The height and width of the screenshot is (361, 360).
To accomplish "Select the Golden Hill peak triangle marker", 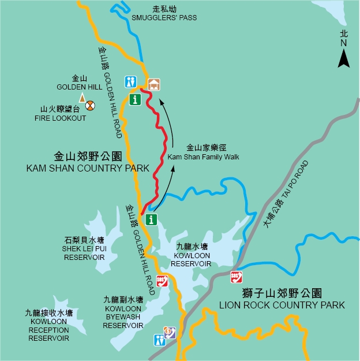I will (81, 98).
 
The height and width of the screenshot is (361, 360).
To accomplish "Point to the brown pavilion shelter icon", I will (153, 84).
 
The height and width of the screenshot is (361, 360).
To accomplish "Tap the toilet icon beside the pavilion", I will (132, 82).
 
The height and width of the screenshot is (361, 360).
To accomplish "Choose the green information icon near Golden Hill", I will (136, 99).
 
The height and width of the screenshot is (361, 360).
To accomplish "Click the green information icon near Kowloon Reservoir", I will (151, 219).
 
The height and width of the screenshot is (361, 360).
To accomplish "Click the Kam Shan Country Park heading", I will (88, 162).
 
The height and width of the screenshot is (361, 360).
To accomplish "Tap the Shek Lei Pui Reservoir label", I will (84, 248).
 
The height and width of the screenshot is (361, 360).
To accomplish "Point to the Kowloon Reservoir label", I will (193, 255).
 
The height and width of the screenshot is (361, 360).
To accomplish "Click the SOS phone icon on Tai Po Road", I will (235, 277).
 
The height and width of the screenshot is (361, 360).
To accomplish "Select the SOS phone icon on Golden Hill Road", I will (163, 280).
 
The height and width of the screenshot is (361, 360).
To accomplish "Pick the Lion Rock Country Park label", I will (282, 299).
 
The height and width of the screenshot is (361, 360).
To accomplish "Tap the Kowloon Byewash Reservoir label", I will (123, 312).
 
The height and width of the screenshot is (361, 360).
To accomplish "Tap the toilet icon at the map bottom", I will (159, 340).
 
